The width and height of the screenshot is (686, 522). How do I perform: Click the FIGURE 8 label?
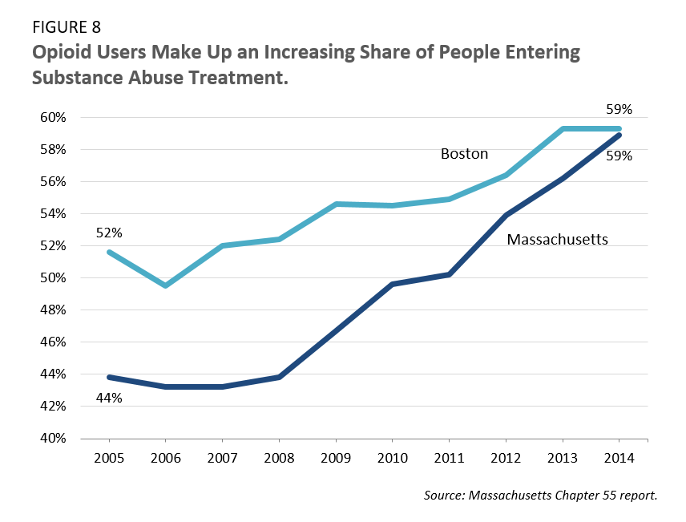coord(68,30)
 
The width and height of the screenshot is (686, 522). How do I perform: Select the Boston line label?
coord(464,153)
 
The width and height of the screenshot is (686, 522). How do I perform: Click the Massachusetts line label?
coord(557,239)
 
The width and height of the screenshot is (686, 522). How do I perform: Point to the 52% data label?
coord(109,233)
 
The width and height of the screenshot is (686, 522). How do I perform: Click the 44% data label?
coord(109,397)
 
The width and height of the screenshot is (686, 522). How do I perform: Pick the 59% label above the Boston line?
coord(619,109)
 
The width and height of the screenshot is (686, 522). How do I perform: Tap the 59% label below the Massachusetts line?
coord(619,156)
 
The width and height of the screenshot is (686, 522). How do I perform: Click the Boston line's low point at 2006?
coord(165,285)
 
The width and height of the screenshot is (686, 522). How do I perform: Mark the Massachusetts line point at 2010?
coord(393,284)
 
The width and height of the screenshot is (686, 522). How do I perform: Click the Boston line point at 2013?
coord(563,128)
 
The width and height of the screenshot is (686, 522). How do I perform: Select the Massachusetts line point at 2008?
coord(279,377)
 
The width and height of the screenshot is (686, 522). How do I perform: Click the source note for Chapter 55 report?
coord(541,496)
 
